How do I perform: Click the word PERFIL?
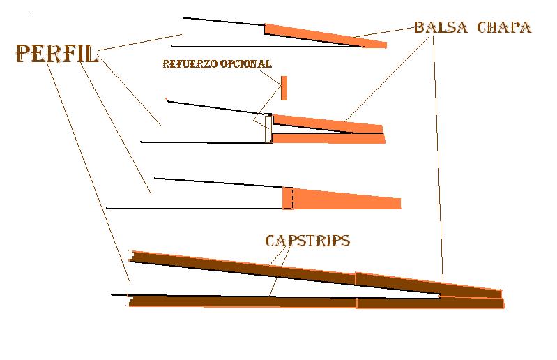click(x=56, y=54)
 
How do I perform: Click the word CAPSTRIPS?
click(x=307, y=241)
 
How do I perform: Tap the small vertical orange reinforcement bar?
click(x=284, y=89)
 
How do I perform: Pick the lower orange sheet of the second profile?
click(x=328, y=138)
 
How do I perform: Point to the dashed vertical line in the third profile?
click(x=293, y=198)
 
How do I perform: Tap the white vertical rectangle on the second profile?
click(x=268, y=128)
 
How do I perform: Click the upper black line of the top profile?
click(x=223, y=21)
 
